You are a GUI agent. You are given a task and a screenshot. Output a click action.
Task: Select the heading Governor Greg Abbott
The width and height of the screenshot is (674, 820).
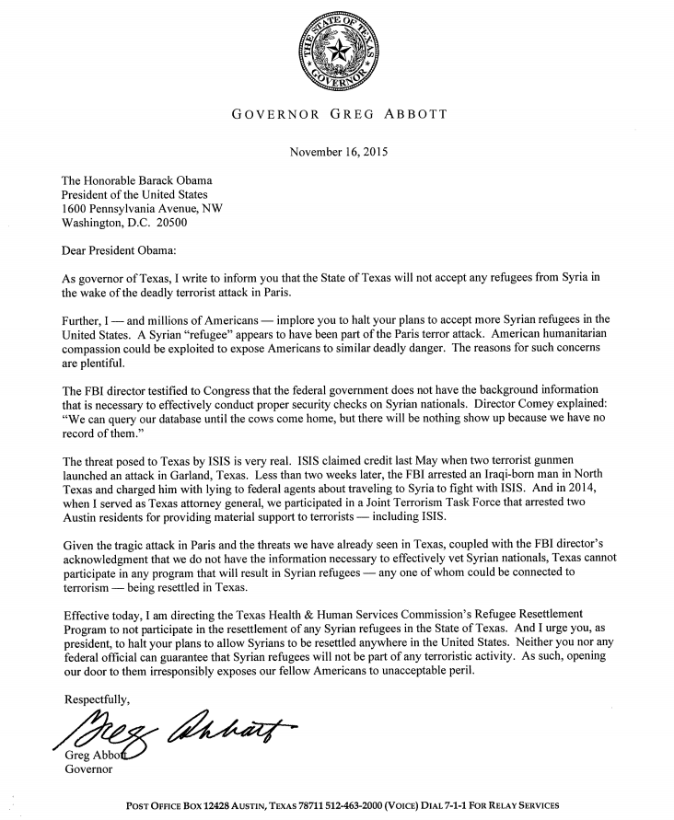338,115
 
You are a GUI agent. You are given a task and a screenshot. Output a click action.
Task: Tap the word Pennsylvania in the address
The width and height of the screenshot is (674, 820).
135,209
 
